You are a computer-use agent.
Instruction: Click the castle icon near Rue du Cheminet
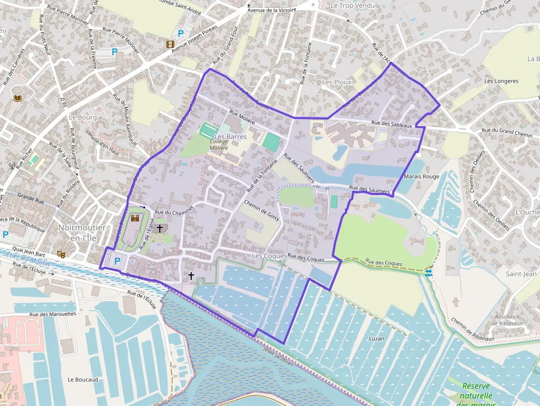[x=135, y=218]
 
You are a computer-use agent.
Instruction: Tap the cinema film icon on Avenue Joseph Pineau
[x=170, y=44]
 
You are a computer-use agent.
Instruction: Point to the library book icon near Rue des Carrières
[x=17, y=98]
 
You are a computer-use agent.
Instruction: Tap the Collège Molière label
[x=219, y=144]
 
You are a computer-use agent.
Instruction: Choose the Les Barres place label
[x=230, y=137]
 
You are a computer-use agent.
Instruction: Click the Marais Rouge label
[x=422, y=176]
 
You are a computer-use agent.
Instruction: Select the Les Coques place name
[x=269, y=256]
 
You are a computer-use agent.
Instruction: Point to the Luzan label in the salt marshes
[x=376, y=338]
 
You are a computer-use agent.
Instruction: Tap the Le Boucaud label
[x=83, y=380]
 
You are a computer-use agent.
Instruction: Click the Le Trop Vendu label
[x=352, y=6]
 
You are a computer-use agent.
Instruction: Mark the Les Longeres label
[x=501, y=81]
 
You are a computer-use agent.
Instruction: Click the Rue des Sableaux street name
[x=392, y=124]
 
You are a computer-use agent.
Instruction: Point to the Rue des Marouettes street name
[x=53, y=313]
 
